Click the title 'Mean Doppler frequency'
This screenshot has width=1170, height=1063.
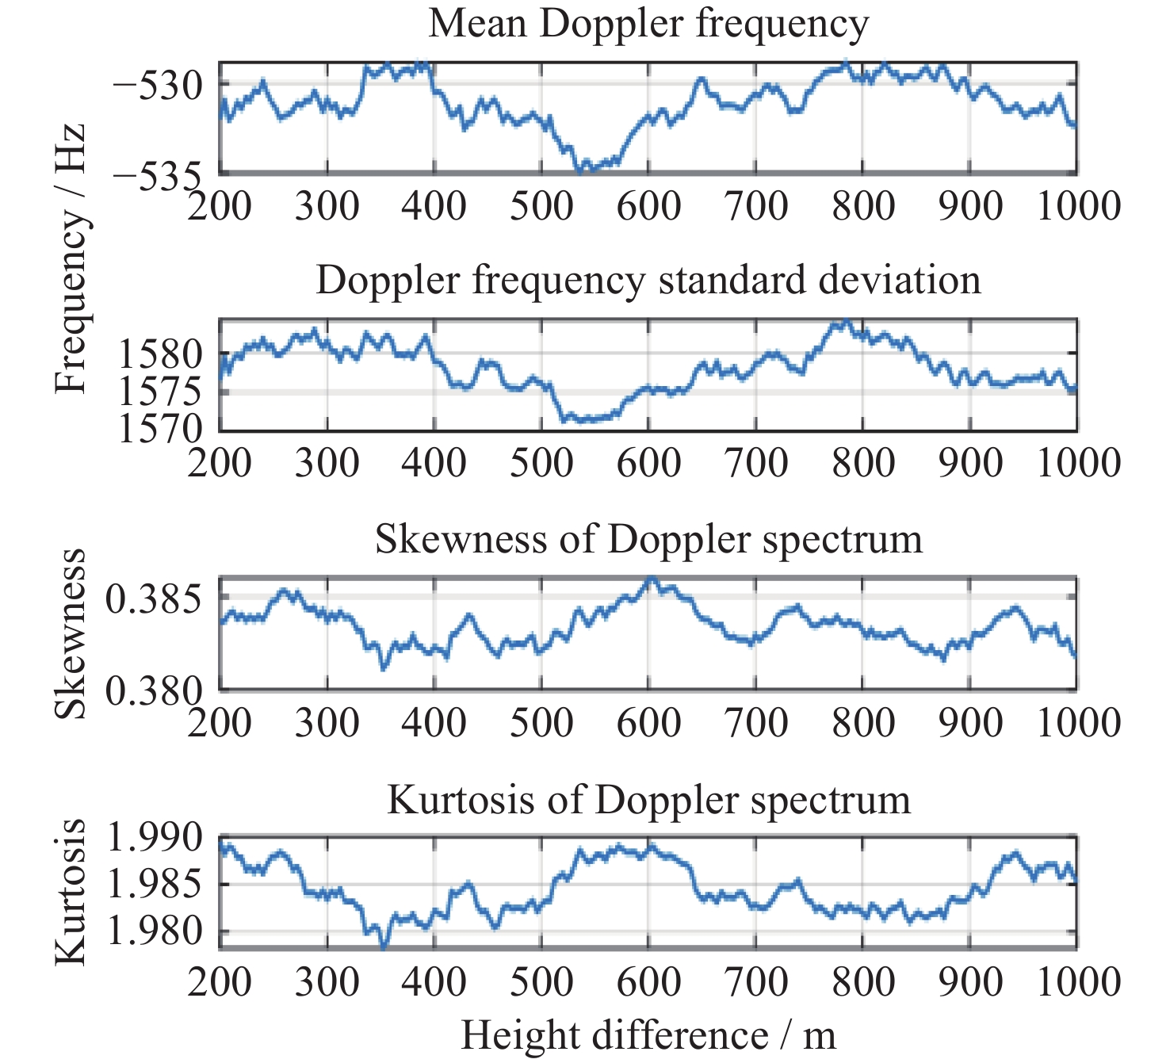tap(648, 24)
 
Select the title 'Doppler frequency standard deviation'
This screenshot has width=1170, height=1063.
tap(648, 281)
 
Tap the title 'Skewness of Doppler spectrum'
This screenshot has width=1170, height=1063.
tap(648, 540)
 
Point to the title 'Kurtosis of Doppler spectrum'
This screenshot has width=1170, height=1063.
tap(648, 800)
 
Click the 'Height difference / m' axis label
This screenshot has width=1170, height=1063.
tap(648, 1035)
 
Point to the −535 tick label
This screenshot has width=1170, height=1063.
tap(156, 176)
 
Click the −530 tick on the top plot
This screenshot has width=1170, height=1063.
tap(156, 85)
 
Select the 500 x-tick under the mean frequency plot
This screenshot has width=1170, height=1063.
tap(541, 206)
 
